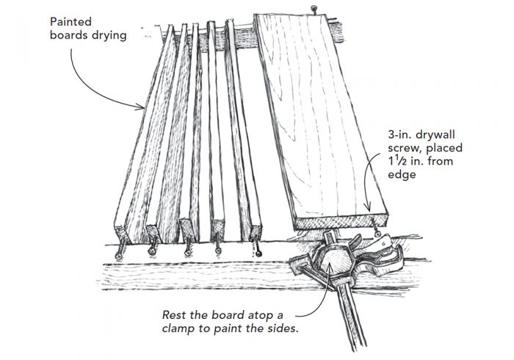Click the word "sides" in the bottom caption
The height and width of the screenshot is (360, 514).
tap(283, 328)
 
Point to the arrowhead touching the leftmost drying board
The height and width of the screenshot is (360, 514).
tap(144, 107)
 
